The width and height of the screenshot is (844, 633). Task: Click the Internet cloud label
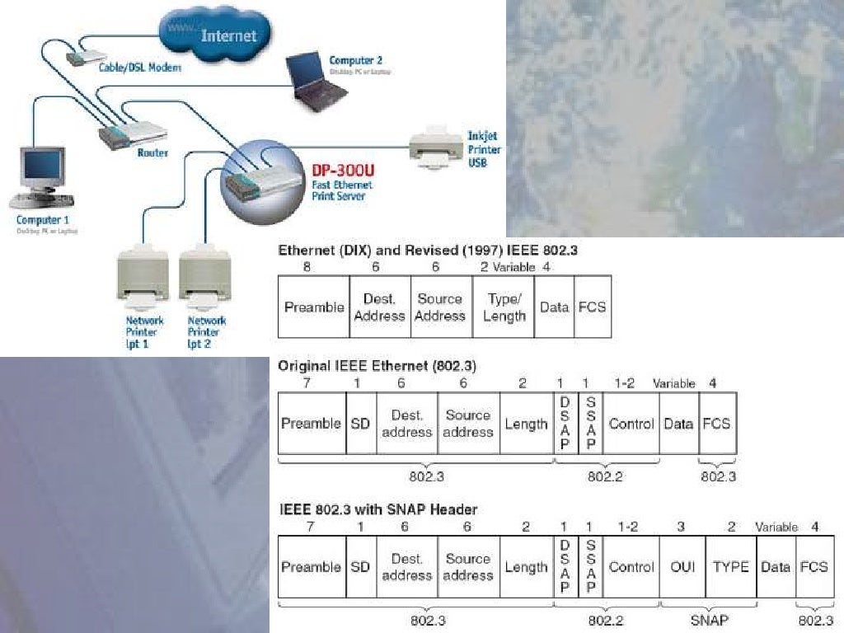tap(228, 36)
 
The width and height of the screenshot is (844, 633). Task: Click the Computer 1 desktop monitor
tap(42, 168)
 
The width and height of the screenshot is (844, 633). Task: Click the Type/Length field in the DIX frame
tap(504, 307)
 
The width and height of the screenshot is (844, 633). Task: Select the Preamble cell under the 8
tap(314, 307)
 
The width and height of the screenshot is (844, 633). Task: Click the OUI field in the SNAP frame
tap(683, 567)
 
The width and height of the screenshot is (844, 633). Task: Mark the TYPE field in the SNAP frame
tap(730, 567)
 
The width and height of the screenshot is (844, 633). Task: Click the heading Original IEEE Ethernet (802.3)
tap(377, 365)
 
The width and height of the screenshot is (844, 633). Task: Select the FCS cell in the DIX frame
tap(592, 307)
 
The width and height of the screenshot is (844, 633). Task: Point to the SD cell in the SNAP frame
tap(360, 567)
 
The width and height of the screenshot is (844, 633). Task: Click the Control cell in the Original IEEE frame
tap(631, 424)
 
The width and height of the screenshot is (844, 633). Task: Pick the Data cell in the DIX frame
tap(554, 307)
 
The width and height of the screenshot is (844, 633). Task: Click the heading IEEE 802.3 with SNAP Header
tap(378, 509)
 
